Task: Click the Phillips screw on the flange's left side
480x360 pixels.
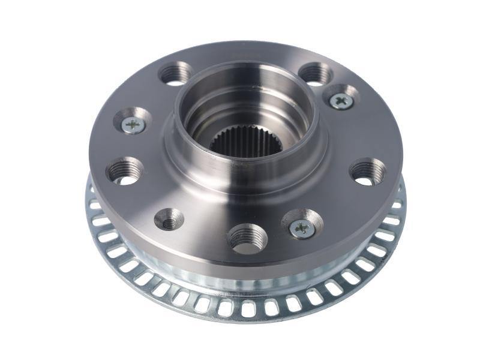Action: click(133, 124)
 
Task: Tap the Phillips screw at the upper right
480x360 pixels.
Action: click(341, 100)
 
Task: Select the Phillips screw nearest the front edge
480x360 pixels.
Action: click(302, 227)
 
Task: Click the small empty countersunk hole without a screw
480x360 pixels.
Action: click(170, 222)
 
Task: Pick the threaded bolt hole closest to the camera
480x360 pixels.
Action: click(247, 238)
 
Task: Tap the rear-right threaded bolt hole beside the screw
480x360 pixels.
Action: click(315, 76)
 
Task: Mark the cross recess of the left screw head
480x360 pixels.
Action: click(133, 124)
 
